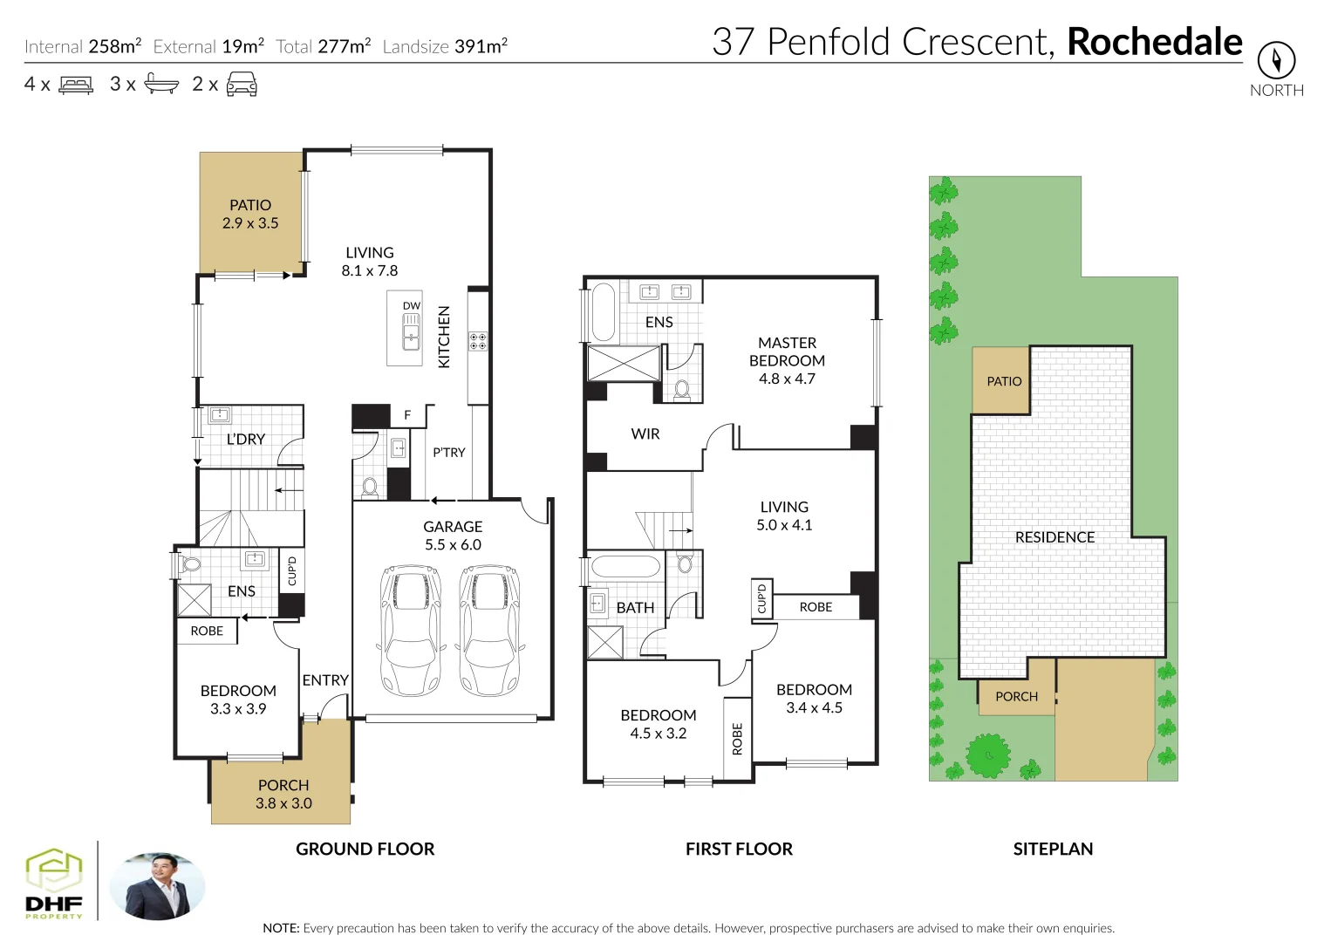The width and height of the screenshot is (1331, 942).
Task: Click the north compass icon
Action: pos(1276,61)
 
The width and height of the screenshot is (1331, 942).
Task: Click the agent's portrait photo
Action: pos(158,886)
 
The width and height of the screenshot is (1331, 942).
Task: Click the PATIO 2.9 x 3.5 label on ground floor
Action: pos(250,215)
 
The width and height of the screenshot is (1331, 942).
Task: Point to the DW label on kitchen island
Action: pos(411,306)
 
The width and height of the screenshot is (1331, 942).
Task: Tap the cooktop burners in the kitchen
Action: pos(478,341)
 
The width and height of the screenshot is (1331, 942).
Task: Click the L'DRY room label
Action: pos(245,440)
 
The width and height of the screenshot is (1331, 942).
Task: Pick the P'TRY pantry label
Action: pos(449,453)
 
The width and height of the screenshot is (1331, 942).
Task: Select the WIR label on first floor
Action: pos(645,434)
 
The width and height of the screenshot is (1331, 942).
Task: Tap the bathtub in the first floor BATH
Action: pos(625,567)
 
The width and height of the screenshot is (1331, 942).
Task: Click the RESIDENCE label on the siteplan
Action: pos(1055,538)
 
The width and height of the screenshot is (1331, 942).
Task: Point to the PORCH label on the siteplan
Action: pos(1016,697)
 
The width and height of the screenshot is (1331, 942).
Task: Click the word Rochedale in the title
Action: pos(1154,42)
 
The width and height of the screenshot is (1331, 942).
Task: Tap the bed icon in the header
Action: pos(76,85)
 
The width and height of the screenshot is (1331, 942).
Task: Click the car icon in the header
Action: pos(242,85)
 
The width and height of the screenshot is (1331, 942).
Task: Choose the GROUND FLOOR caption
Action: pos(365,850)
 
